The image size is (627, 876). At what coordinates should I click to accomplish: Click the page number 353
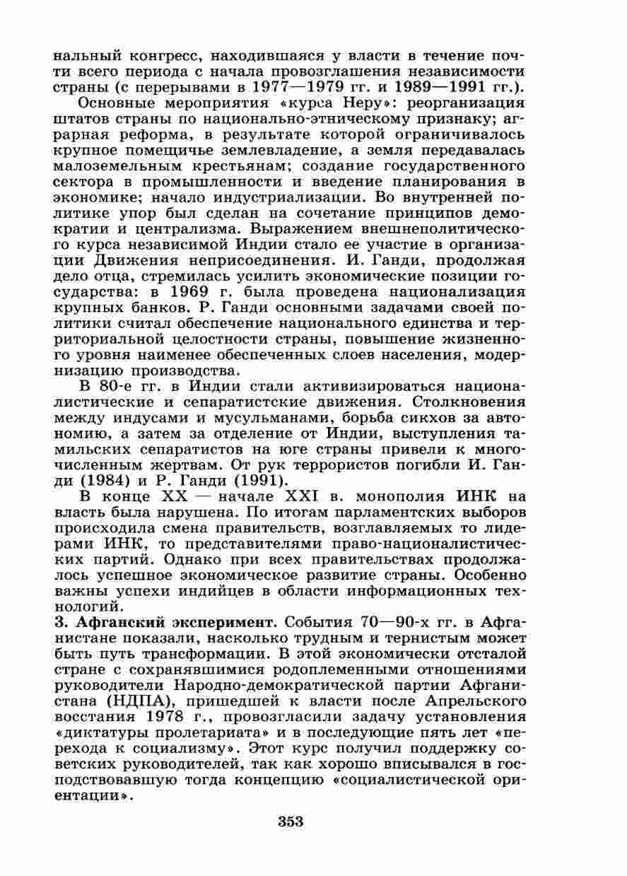click(x=291, y=821)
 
